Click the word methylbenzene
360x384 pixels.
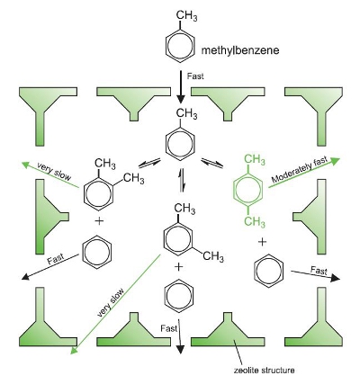[x=240, y=50]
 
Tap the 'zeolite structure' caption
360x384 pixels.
[x=264, y=371]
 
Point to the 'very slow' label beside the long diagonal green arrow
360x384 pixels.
[x=111, y=303]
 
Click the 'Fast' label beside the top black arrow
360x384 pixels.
[x=195, y=76]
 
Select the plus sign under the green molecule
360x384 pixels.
[x=262, y=242]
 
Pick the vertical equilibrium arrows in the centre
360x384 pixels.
[x=181, y=180]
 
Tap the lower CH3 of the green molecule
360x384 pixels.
[x=255, y=222]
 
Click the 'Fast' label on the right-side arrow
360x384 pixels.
[x=319, y=271]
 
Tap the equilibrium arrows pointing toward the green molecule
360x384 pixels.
[x=212, y=163]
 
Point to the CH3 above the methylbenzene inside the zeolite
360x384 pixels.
[x=186, y=114]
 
